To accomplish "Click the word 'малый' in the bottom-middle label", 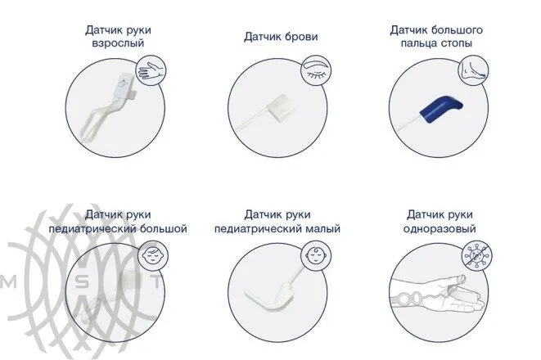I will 319,230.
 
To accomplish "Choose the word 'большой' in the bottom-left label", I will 157,230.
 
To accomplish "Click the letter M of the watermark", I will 11,281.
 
